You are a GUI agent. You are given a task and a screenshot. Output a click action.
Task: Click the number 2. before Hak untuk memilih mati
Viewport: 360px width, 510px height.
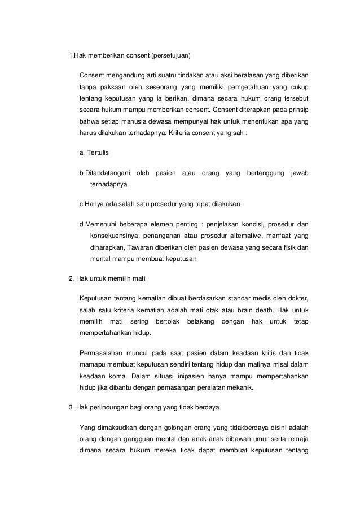(71, 278)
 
